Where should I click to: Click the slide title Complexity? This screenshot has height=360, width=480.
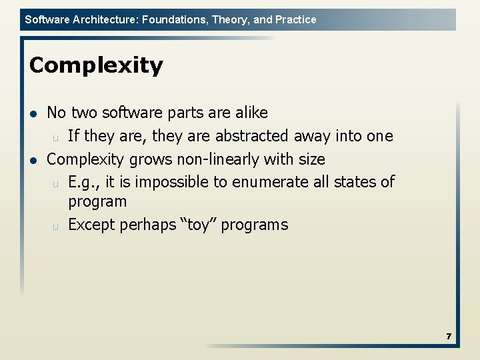coord(96,66)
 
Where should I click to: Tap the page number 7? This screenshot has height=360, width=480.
coord(449,337)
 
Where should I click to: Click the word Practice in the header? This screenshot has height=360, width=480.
coord(295,19)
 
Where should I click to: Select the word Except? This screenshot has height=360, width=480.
coord(91,225)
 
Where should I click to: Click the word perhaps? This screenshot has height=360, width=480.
coord(143,225)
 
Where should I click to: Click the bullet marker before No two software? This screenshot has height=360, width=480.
coord(33,113)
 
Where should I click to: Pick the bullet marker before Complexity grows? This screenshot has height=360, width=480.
coord(33,160)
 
